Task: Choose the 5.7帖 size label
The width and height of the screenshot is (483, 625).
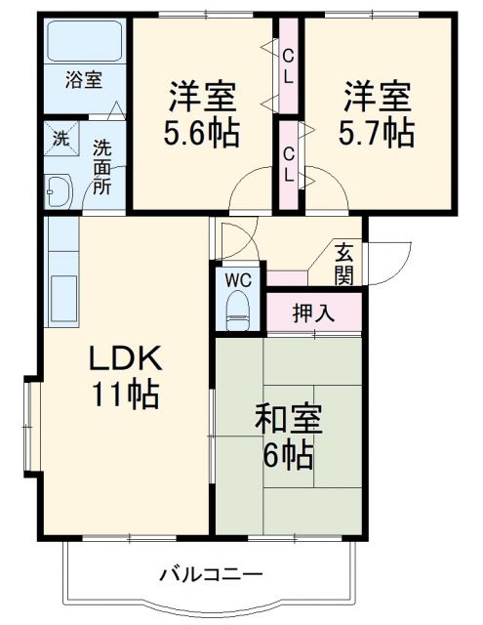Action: (x=377, y=132)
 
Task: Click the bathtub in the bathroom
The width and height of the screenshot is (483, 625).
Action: (x=83, y=40)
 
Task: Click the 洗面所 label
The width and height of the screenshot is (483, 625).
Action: (x=101, y=166)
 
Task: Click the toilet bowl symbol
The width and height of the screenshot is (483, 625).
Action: (x=239, y=313)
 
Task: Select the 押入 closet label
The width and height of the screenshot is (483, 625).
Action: (x=313, y=314)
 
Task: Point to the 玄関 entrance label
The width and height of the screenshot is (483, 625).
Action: (x=344, y=263)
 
